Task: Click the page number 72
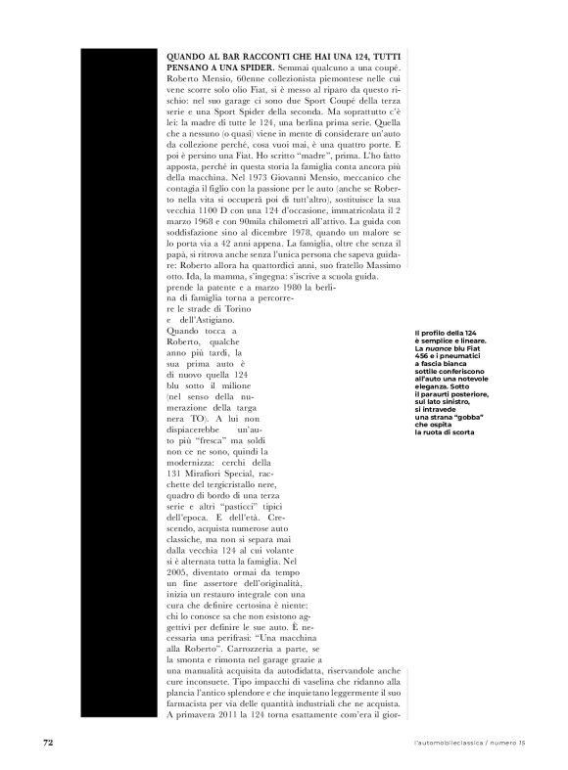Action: point(46,743)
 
